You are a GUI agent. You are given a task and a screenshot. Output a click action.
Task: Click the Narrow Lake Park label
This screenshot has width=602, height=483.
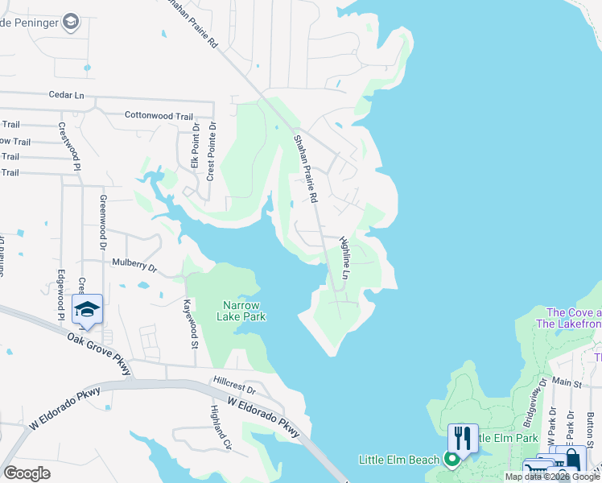[x=241, y=311]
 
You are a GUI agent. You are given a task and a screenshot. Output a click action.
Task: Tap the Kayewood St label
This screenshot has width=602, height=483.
[x=191, y=323]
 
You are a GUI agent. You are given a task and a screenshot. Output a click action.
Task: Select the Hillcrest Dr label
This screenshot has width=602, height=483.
[x=234, y=380]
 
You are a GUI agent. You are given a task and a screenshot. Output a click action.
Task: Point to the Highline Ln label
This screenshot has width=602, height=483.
[x=344, y=258]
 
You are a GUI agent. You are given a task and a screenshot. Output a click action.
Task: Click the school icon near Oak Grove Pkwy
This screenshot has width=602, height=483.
[x=88, y=309]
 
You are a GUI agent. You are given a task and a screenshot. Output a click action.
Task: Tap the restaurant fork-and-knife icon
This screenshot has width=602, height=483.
[x=462, y=438]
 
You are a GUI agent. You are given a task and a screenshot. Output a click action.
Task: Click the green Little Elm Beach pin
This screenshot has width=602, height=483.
[x=452, y=460]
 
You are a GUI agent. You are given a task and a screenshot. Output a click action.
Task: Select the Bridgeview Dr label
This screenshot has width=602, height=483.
[x=534, y=401]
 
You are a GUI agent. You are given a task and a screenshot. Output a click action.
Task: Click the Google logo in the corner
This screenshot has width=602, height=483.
[x=27, y=473]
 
